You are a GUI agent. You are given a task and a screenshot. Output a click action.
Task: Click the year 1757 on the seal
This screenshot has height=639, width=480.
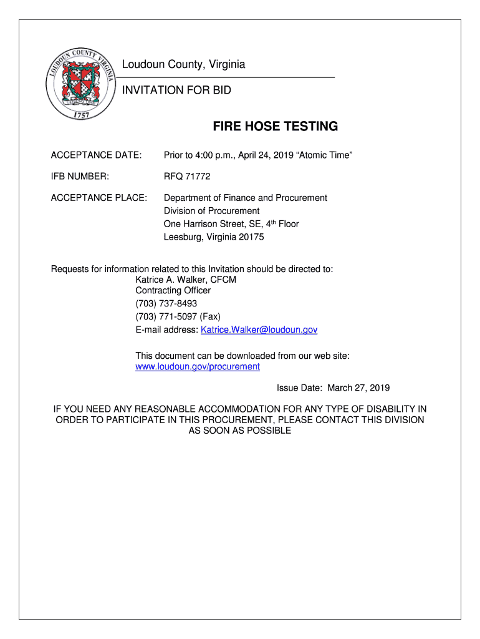pos(81,115)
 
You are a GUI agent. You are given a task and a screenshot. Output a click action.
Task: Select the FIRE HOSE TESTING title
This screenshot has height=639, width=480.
pos(276,127)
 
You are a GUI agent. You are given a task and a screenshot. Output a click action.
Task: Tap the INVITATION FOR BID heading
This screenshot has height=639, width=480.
pos(176,90)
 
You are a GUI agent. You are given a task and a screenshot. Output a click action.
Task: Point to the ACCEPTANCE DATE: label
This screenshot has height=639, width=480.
pos(96,155)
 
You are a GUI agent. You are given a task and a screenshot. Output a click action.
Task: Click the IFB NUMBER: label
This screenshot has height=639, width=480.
pos(80,177)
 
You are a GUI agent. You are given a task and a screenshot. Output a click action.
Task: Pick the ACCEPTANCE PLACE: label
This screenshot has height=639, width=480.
pos(99,198)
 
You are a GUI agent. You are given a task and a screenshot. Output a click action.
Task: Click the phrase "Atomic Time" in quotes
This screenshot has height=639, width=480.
pos(325,155)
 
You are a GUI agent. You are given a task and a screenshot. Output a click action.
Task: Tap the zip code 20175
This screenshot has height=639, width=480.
pos(251,237)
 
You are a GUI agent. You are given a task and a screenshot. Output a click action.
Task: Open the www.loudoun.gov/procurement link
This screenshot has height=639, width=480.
pos(198,367)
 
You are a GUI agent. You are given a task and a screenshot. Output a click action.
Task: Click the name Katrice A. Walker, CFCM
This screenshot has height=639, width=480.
pos(186,280)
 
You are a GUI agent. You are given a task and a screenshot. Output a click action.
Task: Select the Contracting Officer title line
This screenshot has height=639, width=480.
pos(173,291)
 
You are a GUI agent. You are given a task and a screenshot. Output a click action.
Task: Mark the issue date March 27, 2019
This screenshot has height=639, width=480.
pos(358,388)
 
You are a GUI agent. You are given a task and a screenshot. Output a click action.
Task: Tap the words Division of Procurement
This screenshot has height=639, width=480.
pos(211,211)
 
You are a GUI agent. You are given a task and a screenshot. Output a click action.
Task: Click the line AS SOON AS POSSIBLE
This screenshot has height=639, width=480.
pos(239,431)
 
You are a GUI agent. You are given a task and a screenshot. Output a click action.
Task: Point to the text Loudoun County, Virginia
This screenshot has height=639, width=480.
pos(183,65)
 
